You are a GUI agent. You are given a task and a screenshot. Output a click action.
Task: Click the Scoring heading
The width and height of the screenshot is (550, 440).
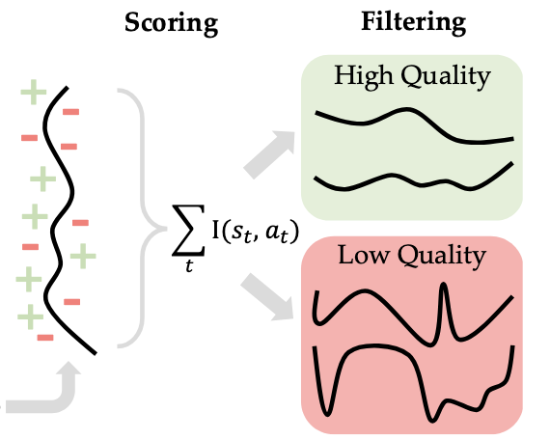(x=172, y=23)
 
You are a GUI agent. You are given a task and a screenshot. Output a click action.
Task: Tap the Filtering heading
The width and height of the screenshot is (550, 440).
(x=414, y=23)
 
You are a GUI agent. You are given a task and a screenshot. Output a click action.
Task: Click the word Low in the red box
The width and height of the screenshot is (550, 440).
(x=364, y=255)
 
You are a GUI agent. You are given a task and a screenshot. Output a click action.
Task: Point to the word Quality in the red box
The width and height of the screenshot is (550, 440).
(x=442, y=257)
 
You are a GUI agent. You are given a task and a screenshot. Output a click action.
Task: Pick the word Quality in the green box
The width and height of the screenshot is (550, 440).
(x=446, y=77)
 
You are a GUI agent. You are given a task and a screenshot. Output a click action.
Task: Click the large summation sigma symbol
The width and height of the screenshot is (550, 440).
(x=188, y=230)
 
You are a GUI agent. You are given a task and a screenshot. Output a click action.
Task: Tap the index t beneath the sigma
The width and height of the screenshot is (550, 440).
(x=189, y=265)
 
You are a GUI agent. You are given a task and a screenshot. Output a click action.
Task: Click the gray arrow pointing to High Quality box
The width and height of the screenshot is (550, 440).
(x=269, y=154)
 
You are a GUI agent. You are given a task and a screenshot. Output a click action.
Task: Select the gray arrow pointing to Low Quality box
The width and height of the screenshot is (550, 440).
(x=267, y=297)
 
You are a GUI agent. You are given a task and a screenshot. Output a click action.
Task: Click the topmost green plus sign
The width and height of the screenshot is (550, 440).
(x=34, y=93)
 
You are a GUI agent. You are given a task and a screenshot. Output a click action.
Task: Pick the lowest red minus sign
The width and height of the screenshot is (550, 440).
(x=45, y=338)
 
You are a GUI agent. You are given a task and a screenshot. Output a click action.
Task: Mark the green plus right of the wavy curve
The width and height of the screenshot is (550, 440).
(x=83, y=256)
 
